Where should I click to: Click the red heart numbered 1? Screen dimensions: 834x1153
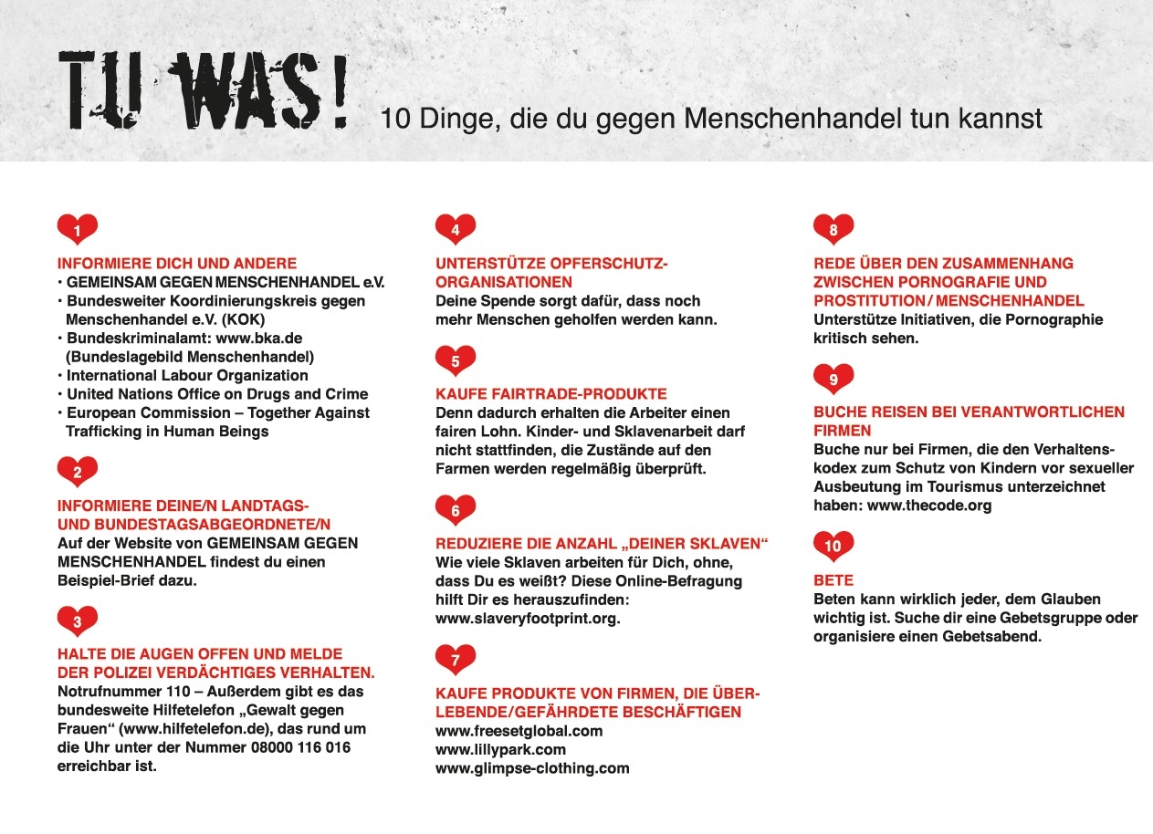[78, 230]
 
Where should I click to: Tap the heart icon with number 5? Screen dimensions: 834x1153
[456, 360]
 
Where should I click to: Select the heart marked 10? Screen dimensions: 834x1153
[833, 547]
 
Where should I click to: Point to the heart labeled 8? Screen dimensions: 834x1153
[833, 230]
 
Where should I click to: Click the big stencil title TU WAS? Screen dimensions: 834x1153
[203, 89]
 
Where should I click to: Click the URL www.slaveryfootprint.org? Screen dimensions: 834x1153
[529, 619]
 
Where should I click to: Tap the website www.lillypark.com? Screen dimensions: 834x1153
[501, 750]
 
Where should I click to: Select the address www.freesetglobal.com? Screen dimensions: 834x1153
[519, 731]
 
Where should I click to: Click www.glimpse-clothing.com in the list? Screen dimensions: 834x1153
[533, 768]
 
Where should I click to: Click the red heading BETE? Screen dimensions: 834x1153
[833, 580]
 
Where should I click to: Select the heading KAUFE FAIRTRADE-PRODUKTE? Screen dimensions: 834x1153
[551, 394]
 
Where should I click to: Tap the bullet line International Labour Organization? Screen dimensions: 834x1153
[187, 375]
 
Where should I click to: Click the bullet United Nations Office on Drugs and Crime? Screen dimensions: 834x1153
[217, 394]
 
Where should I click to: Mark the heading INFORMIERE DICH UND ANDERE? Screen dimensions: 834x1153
[177, 263]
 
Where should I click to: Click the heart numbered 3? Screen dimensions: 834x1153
[78, 621]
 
